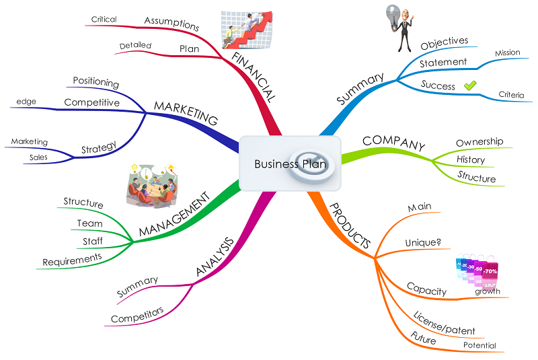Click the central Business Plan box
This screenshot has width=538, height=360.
tap(289, 164)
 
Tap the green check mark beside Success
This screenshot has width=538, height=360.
tap(470, 85)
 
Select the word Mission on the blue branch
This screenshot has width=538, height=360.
tap(507, 52)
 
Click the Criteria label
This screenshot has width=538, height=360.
tap(511, 95)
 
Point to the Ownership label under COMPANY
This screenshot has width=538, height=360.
tap(479, 142)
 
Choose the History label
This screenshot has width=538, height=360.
tap(471, 159)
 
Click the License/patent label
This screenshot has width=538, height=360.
tap(444, 322)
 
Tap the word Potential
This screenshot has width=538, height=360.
tap(479, 345)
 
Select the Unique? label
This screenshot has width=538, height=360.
tap(423, 242)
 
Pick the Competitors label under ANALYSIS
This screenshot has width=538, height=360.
tap(138, 315)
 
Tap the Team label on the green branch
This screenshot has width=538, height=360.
tap(89, 223)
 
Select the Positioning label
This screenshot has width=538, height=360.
tap(96, 83)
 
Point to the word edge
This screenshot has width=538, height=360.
tap(28, 102)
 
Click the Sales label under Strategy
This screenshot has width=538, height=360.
tap(38, 157)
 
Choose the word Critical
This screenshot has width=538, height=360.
tap(104, 20)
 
